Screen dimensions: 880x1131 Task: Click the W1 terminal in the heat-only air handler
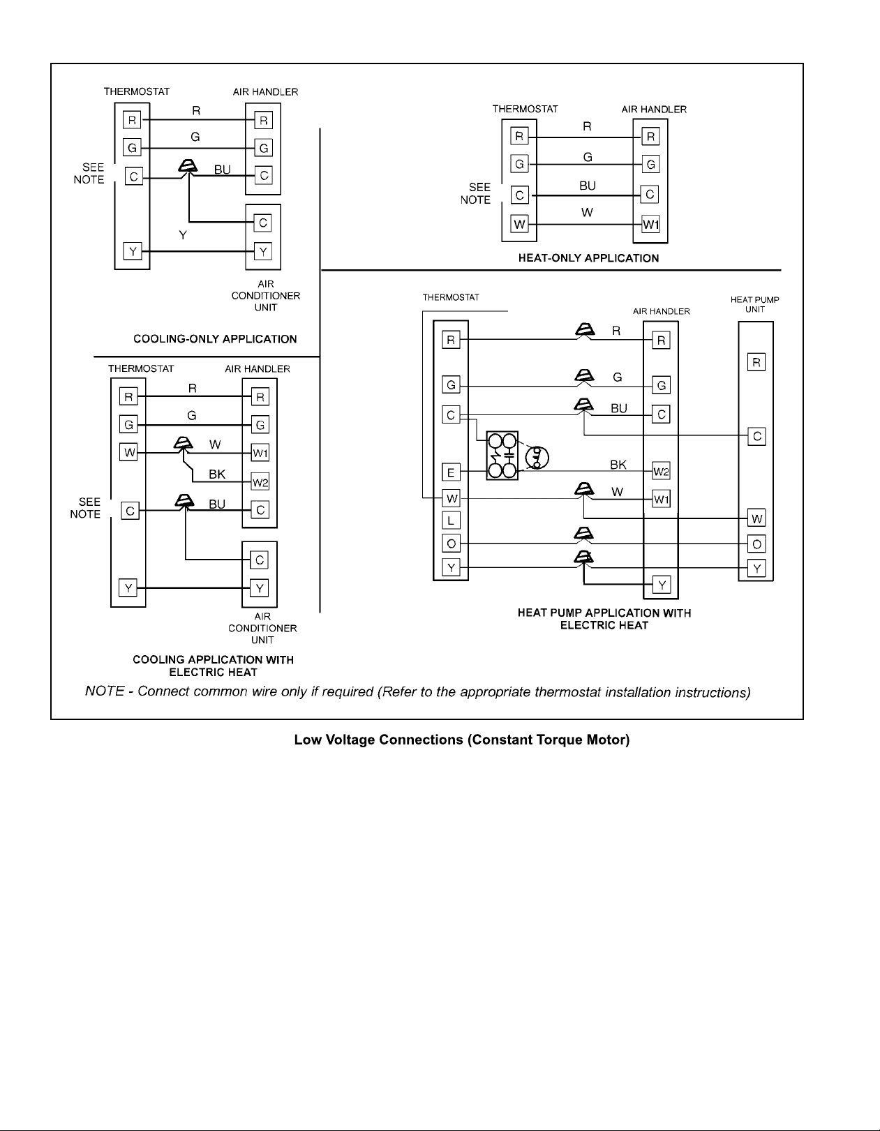tap(650, 225)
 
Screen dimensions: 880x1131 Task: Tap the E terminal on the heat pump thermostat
tap(451, 472)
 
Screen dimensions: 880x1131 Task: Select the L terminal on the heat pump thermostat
tap(451, 519)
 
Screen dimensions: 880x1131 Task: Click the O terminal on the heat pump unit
tap(756, 544)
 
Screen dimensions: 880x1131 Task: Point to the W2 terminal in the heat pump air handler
tap(661, 471)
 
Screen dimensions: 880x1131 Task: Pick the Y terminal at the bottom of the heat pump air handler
tap(662, 585)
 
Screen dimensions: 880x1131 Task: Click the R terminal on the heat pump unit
tap(756, 361)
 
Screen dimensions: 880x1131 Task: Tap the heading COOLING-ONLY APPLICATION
tap(215, 339)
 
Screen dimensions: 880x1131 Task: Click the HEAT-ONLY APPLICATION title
tap(588, 258)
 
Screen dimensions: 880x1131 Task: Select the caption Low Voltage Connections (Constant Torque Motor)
tap(461, 740)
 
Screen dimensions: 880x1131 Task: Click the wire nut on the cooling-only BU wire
tap(188, 167)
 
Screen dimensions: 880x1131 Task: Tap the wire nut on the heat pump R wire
tap(585, 330)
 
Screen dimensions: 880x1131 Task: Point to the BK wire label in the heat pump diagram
tap(618, 464)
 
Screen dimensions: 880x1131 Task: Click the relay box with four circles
tap(502, 456)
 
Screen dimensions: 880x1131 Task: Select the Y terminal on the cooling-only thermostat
tap(132, 251)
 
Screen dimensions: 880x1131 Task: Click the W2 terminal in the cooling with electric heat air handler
tap(260, 482)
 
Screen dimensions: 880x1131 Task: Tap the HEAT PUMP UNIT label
tap(754, 304)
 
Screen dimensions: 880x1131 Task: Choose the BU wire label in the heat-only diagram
tap(588, 186)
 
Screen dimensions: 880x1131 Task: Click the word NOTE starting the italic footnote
tap(105, 691)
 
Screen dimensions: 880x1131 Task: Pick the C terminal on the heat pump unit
tap(756, 436)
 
